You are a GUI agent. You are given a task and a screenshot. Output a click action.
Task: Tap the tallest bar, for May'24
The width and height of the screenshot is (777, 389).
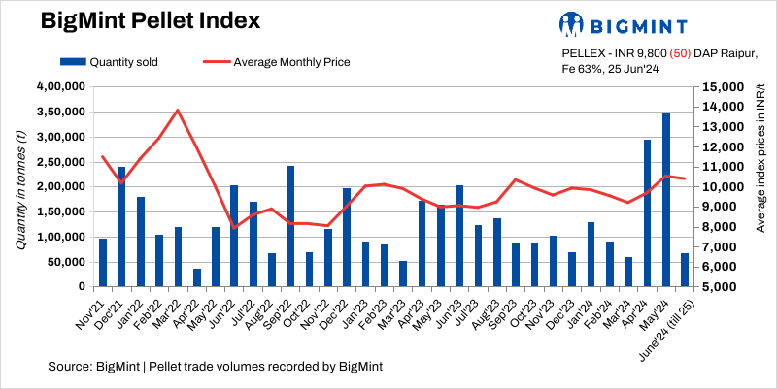666,200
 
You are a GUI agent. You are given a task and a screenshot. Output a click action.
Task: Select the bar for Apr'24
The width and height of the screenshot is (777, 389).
647,213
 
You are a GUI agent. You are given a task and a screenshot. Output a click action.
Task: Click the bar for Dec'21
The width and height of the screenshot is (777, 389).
121,227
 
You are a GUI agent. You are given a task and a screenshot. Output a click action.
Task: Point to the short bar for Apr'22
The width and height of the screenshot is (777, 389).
197,277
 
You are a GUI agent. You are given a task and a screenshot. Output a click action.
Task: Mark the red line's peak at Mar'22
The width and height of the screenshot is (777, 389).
178,110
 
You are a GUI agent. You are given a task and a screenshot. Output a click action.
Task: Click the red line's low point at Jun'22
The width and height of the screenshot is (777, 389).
234,228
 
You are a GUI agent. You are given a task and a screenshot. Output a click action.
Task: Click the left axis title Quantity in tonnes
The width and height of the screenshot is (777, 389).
21,187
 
